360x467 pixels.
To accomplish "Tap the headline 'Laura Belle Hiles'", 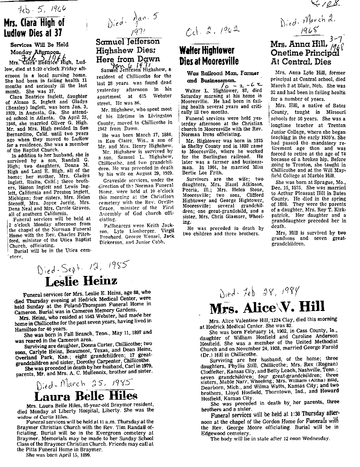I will coord(85,395).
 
